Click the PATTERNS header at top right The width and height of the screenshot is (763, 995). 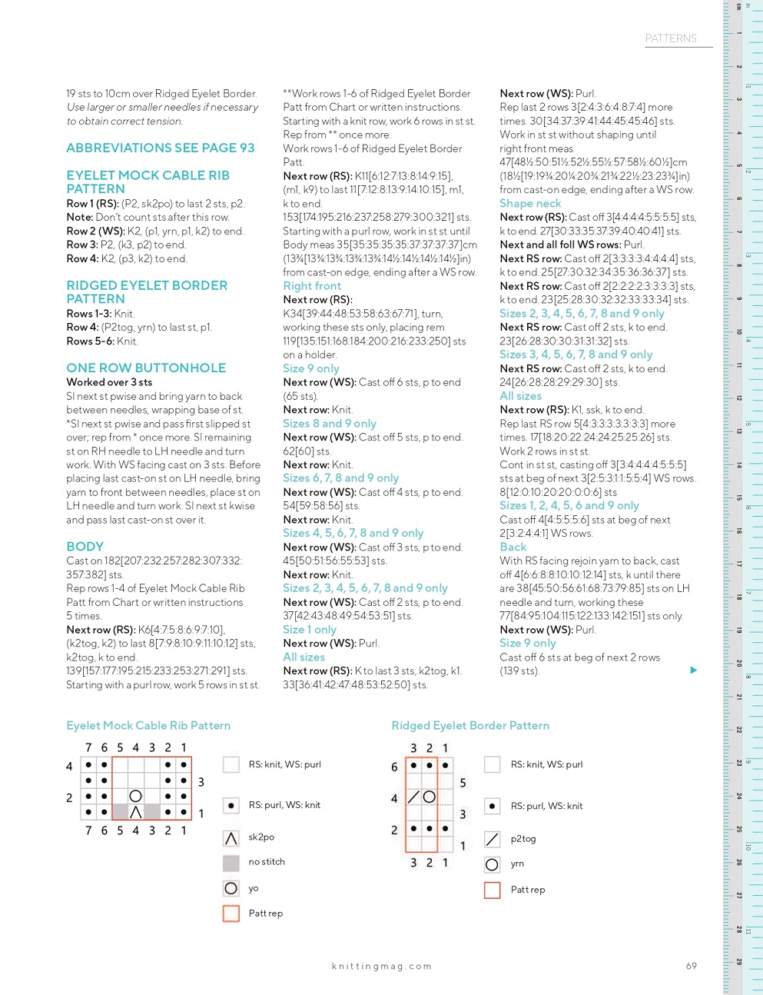671,38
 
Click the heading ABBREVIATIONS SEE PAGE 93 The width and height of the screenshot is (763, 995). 160,148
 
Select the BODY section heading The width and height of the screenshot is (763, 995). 85,547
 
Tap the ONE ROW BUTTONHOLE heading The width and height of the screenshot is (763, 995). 146,368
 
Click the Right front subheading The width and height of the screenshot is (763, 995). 312,286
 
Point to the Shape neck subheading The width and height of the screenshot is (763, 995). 530,204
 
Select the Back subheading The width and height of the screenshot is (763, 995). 513,547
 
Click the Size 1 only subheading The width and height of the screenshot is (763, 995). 310,630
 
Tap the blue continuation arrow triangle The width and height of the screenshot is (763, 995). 693,671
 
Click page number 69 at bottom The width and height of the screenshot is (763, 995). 692,966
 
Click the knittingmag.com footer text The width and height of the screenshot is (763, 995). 381,967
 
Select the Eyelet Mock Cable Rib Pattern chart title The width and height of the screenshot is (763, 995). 148,726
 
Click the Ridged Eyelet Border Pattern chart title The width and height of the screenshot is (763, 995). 470,726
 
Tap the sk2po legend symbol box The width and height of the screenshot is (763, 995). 231,838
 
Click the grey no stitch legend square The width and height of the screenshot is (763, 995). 231,863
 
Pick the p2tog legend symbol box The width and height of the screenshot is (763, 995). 493,839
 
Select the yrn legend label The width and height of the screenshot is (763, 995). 517,864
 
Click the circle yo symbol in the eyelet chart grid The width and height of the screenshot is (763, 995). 136,796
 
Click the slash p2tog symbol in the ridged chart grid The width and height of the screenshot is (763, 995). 413,797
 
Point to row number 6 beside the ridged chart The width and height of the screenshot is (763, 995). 394,767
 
